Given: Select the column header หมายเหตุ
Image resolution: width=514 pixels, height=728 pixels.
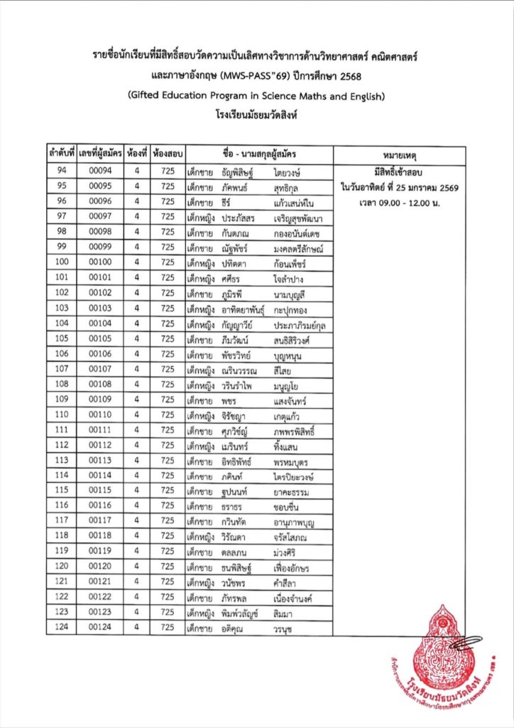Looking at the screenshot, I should [400, 154].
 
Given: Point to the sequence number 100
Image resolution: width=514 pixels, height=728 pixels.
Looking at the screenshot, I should [62, 262].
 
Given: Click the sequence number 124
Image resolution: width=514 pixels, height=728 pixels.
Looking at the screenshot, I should [62, 628].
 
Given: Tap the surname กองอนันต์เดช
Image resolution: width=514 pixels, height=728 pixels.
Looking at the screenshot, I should [302, 232].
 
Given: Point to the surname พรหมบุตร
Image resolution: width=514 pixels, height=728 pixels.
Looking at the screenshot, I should [294, 461].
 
